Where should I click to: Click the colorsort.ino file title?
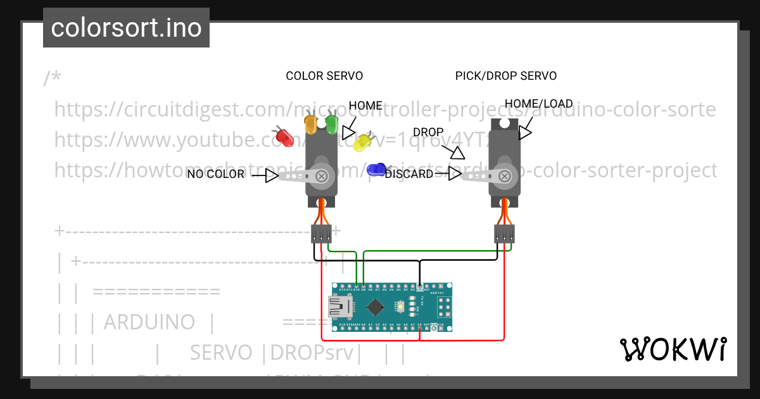(x=126, y=28)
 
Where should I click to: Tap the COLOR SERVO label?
(x=324, y=76)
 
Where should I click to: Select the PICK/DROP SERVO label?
(x=505, y=76)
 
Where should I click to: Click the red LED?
(x=283, y=136)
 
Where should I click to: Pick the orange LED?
(x=311, y=123)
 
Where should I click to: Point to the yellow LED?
(x=362, y=142)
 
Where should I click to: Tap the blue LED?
(x=377, y=168)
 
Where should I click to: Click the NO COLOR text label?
(x=215, y=174)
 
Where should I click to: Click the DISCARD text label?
(x=409, y=174)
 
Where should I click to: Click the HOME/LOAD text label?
(x=538, y=104)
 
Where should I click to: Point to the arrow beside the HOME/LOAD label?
(x=524, y=132)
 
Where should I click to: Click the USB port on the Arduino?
(x=342, y=308)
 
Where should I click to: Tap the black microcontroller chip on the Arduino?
(x=376, y=307)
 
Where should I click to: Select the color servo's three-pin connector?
(x=321, y=234)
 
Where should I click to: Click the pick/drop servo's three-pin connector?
(x=504, y=234)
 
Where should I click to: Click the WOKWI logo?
(x=673, y=349)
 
